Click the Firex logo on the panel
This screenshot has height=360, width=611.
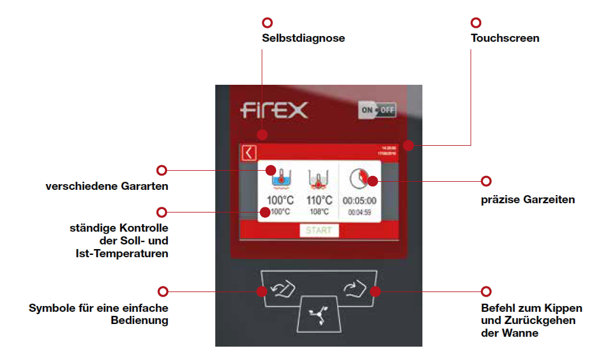pos(274,110)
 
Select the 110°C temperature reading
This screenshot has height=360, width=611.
pos(319,200)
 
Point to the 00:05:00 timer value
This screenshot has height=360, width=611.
pos(359,200)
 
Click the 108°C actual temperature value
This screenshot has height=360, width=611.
pos(319,212)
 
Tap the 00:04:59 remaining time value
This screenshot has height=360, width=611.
pos(359,213)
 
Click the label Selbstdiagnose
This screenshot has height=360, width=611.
pos(303,38)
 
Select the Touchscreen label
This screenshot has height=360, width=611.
pos(505,38)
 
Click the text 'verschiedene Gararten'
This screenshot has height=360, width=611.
pos(107,187)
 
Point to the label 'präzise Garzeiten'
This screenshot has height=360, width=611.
pos(528,200)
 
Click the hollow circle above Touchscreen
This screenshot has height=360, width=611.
pos(476,23)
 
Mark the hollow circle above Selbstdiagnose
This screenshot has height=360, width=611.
pos(267,23)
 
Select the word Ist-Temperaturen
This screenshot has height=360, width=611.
pos(122,253)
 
